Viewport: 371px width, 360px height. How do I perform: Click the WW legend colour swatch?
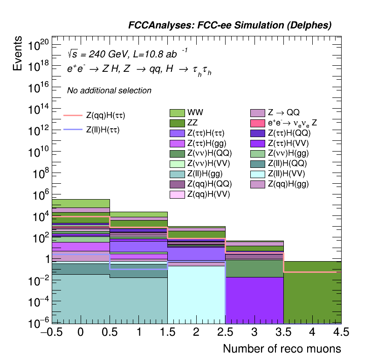(x=177, y=113)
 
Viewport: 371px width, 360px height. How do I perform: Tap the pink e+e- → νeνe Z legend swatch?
(x=258, y=123)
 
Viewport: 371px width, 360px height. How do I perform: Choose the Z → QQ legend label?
(x=283, y=113)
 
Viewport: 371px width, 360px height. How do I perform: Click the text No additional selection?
(x=109, y=90)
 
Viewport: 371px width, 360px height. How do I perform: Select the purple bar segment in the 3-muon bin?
(x=254, y=300)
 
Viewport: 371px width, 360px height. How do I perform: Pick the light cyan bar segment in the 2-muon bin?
(x=196, y=294)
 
